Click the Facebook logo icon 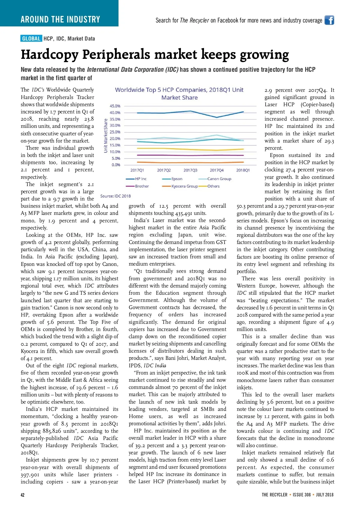pyautogui.click(x=329, y=20)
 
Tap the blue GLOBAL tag pyautogui.click(x=31, y=38)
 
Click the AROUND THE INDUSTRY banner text pyautogui.click(x=60, y=20)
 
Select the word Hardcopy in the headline pyautogui.click(x=49, y=55)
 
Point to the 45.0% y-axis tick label pyautogui.click(x=115, y=106)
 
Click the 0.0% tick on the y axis pyautogui.click(x=116, y=165)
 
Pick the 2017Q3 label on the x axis pyautogui.click(x=190, y=170)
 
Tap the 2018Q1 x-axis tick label pyautogui.click(x=243, y=170)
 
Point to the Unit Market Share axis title pyautogui.click(x=106, y=136)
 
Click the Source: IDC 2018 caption pyautogui.click(x=115, y=196)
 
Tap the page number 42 pyautogui.click(x=22, y=495)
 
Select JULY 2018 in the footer pyautogui.click(x=325, y=495)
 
